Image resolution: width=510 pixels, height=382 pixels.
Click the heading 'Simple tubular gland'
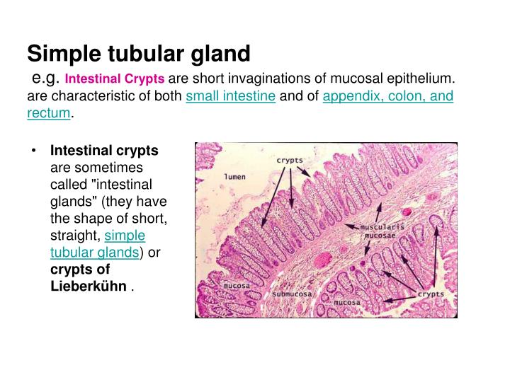point(139,53)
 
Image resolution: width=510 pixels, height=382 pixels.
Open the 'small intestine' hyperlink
point(230,96)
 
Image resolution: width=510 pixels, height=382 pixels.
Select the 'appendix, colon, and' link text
point(387,96)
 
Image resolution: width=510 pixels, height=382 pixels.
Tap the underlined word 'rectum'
point(49,113)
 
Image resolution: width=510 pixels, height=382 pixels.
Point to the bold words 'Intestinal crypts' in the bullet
point(104,151)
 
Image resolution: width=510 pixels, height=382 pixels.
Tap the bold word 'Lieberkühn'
point(89,286)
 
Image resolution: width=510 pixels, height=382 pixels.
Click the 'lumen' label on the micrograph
point(234,177)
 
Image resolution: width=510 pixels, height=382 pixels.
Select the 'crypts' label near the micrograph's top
point(289,161)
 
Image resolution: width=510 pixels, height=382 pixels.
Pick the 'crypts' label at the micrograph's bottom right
point(431,294)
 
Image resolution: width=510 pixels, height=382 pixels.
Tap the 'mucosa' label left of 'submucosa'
point(235,286)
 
